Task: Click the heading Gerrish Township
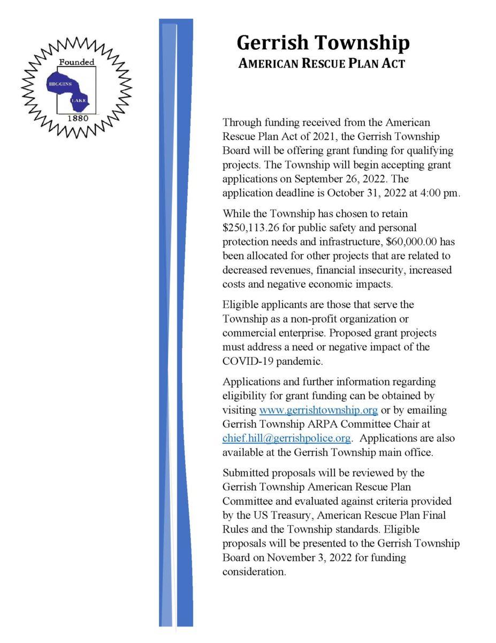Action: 323,42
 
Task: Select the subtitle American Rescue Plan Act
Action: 322,64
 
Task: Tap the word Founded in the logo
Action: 77,62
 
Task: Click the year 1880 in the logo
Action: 77,117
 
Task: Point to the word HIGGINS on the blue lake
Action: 60,85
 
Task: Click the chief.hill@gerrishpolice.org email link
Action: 286,438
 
